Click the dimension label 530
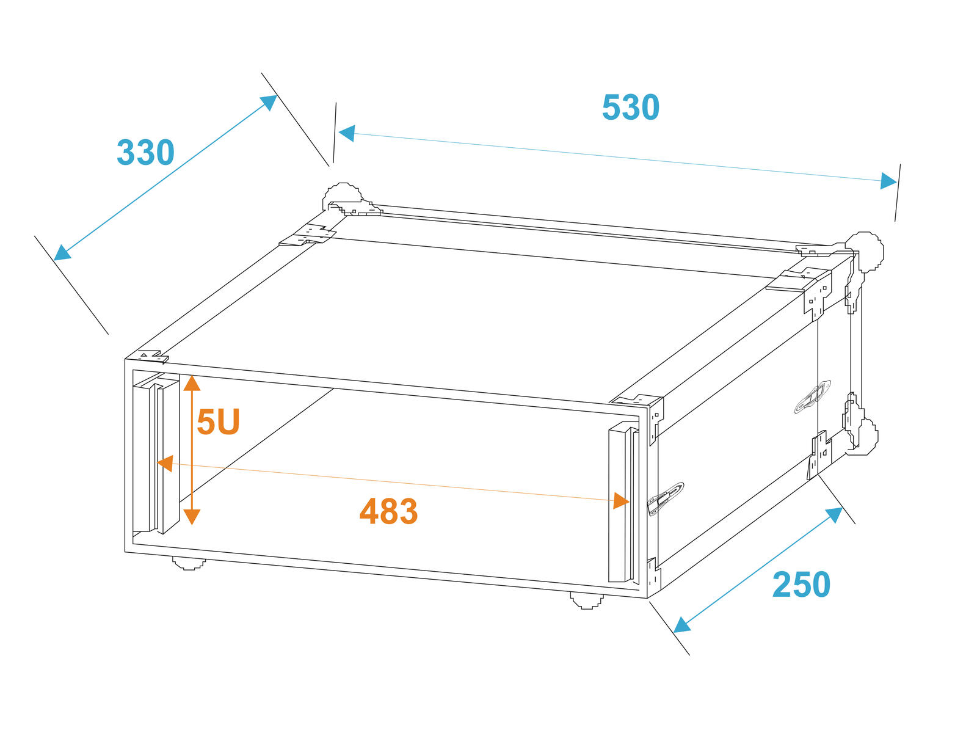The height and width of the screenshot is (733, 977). click(x=630, y=108)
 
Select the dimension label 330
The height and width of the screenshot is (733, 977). click(x=145, y=153)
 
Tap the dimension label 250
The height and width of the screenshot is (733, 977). click(x=801, y=585)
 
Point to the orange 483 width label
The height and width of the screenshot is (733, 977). click(x=388, y=511)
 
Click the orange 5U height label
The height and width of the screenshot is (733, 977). click(x=218, y=421)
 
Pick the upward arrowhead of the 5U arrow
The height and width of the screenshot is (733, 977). click(x=192, y=383)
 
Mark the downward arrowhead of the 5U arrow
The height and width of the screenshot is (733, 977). click(x=192, y=517)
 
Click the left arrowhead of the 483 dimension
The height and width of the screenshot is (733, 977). click(x=165, y=463)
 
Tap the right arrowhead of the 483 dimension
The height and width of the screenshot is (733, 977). click(x=621, y=501)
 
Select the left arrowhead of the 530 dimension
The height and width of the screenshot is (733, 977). click(x=347, y=133)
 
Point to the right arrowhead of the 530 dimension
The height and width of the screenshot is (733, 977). click(x=888, y=181)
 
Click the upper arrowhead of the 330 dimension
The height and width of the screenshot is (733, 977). click(x=269, y=103)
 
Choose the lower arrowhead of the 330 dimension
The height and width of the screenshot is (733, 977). click(x=62, y=253)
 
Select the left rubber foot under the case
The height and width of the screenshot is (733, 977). click(x=189, y=563)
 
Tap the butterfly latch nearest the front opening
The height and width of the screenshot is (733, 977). click(x=665, y=498)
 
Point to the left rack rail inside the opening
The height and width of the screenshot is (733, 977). click(x=156, y=454)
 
